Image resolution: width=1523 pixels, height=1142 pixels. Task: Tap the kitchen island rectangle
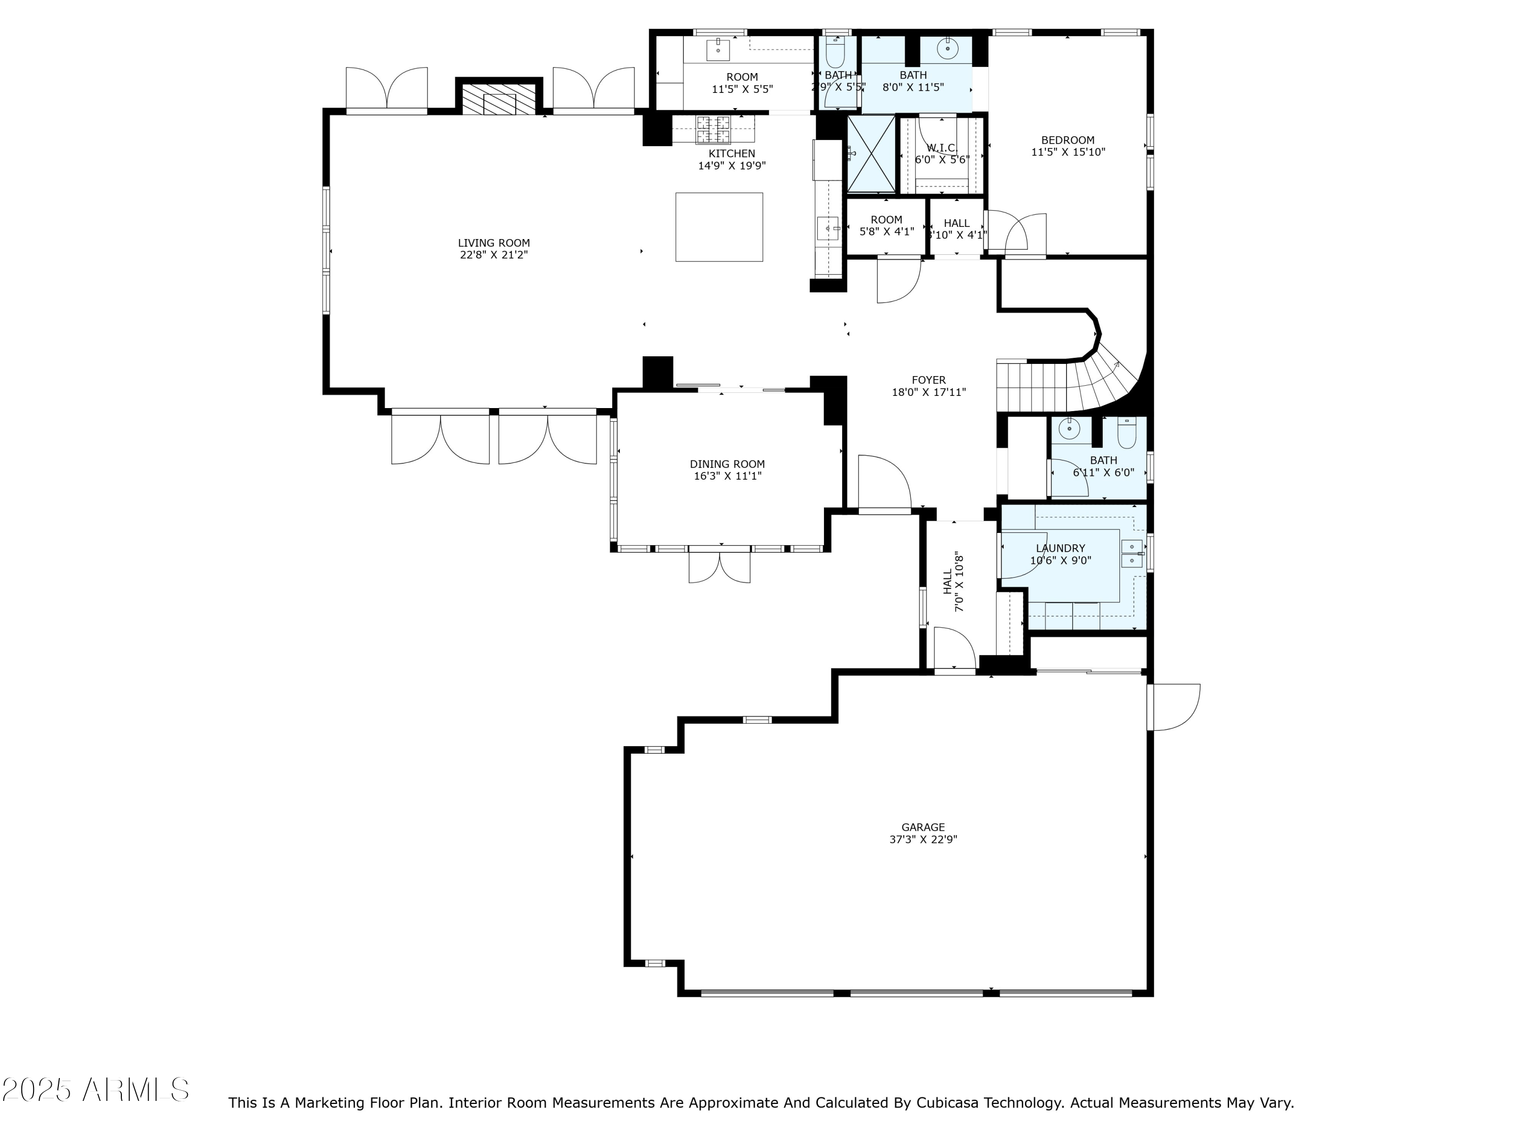click(719, 227)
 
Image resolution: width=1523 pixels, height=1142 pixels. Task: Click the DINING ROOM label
click(727, 464)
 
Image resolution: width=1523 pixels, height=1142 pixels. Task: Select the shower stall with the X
click(871, 153)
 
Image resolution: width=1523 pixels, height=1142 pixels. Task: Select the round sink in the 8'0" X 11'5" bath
click(948, 48)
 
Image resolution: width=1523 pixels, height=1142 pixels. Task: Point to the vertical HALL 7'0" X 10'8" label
click(953, 582)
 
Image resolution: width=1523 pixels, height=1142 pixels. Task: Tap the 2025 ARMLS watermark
click(96, 1090)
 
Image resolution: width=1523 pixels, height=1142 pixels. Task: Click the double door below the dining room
click(719, 567)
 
